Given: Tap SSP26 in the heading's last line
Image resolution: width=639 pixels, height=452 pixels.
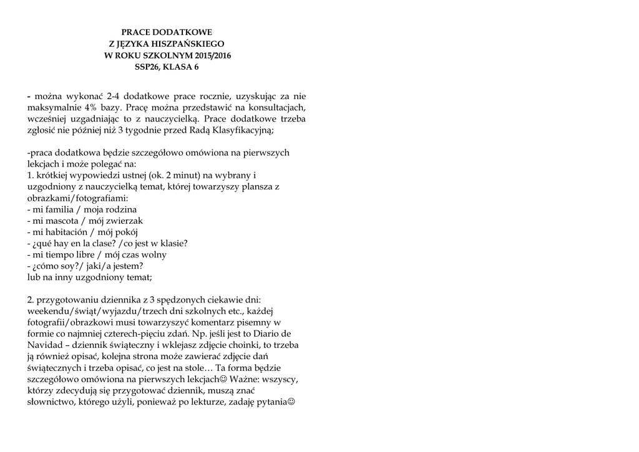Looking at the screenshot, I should click(x=147, y=67).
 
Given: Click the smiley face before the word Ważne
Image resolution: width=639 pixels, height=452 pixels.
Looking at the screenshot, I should click(x=225, y=379).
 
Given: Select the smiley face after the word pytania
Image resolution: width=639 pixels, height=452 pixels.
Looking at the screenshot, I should click(x=291, y=402).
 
